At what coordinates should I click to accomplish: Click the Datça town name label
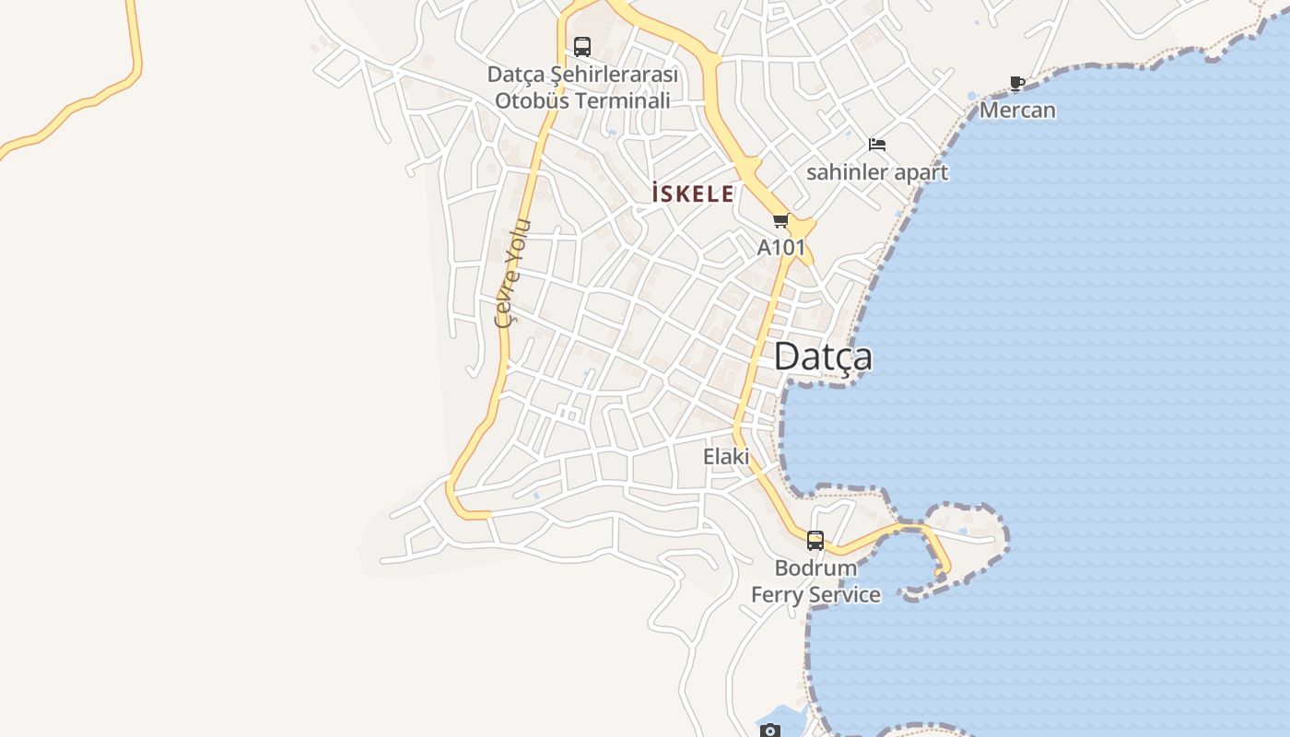tap(823, 357)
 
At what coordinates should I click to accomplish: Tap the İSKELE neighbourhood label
tap(693, 194)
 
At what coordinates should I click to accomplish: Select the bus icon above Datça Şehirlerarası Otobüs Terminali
tap(582, 47)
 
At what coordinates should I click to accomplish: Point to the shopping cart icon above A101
tap(781, 221)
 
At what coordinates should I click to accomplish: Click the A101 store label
tap(781, 247)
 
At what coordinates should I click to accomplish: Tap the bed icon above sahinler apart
tap(877, 145)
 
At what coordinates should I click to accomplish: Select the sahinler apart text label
tap(877, 172)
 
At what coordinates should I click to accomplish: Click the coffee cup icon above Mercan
tap(1017, 84)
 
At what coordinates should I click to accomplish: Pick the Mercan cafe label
tap(1017, 111)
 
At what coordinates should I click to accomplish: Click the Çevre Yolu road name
tap(511, 273)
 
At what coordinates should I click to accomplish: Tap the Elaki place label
tap(726, 456)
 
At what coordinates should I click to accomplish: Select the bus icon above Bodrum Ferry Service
tap(815, 541)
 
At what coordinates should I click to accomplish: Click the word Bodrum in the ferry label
tap(815, 567)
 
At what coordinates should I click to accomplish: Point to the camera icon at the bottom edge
tap(770, 731)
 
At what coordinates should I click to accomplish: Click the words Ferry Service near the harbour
tap(815, 595)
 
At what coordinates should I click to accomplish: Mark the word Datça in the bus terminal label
tap(516, 74)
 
